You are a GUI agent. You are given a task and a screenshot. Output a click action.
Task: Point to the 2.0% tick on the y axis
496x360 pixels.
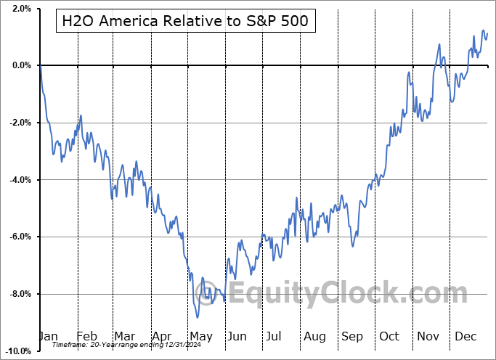pos(20,9)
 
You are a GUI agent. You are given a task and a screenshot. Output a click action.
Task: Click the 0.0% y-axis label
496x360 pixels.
pos(20,66)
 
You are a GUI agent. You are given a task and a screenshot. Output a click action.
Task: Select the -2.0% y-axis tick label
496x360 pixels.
pos(18,123)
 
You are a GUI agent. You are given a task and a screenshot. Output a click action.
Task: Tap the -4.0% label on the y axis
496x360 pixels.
pos(18,180)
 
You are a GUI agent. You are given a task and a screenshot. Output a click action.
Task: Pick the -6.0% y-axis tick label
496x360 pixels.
pos(18,237)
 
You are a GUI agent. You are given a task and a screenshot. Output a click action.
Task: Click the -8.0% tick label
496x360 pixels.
pos(18,294)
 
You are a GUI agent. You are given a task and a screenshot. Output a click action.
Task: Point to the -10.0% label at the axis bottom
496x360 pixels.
pos(17,351)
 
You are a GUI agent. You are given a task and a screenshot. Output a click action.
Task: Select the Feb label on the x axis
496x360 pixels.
pos(87,337)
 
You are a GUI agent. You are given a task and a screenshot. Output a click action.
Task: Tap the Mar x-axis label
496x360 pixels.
pos(125,337)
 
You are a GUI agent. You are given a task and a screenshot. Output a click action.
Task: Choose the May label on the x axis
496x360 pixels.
pos(201,337)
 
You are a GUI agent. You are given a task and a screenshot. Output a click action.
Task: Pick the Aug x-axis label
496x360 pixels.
pos(315,337)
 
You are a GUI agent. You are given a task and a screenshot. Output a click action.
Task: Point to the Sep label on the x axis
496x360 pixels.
pos(353,337)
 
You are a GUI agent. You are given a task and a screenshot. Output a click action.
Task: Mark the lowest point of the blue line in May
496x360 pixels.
pos(198,317)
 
